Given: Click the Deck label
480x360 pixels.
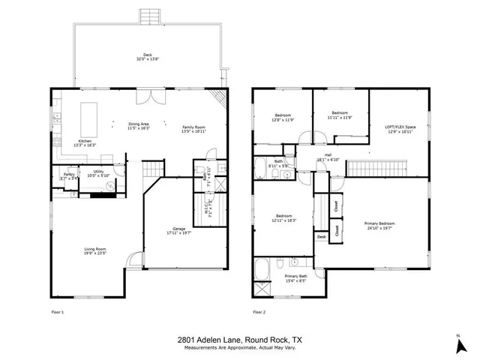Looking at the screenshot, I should tap(148, 54).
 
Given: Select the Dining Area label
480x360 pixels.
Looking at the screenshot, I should tap(139, 124).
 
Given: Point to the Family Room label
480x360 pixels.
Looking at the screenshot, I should tap(193, 127).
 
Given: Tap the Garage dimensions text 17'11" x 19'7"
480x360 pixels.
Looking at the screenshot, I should tap(179, 231).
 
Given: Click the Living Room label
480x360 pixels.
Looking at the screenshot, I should tap(94, 249).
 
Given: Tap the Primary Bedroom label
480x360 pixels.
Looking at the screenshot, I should tap(379, 223).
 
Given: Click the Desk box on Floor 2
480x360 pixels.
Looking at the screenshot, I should tap(321, 237).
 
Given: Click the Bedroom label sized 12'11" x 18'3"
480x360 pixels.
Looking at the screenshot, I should tap(284, 216).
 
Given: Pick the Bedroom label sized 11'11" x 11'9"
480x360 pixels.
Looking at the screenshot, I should tap(339, 113).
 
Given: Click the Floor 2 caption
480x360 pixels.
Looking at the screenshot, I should tap(259, 310).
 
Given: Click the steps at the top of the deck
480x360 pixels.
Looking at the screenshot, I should tap(148, 16).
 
